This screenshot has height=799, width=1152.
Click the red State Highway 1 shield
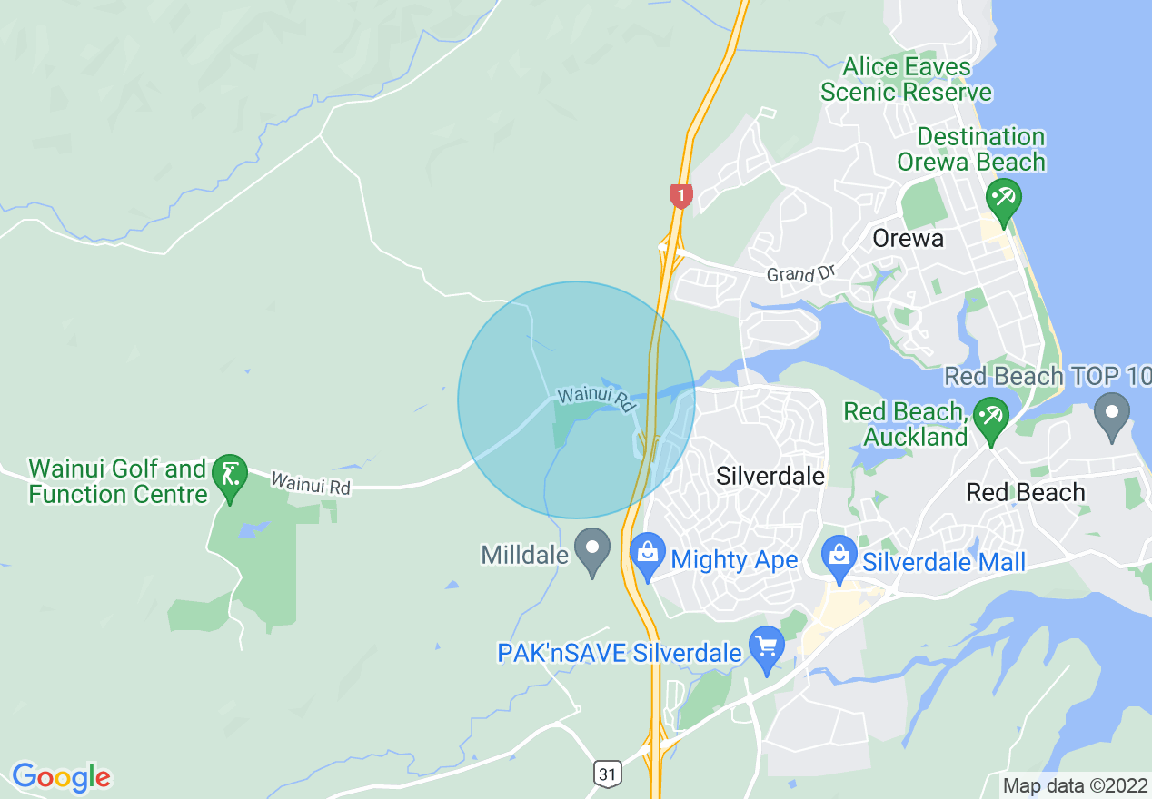pyautogui.click(x=680, y=195)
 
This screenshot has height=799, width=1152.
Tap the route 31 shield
pyautogui.click(x=608, y=774)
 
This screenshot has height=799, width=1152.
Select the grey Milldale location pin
pyautogui.click(x=594, y=550)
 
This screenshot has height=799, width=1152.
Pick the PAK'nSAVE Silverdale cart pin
pyautogui.click(x=767, y=648)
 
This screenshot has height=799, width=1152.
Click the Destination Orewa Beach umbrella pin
pyautogui.click(x=1003, y=198)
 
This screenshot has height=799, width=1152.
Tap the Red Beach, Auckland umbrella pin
pyautogui.click(x=989, y=419)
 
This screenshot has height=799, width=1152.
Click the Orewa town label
pyautogui.click(x=908, y=239)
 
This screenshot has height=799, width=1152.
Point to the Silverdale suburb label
pyautogui.click(x=770, y=476)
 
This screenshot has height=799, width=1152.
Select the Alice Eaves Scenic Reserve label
pyautogui.click(x=906, y=80)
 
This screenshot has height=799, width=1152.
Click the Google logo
pyautogui.click(x=61, y=777)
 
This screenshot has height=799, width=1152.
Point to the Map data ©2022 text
pyautogui.click(x=1074, y=785)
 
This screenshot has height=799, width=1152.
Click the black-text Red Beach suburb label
pyautogui.click(x=1026, y=493)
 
